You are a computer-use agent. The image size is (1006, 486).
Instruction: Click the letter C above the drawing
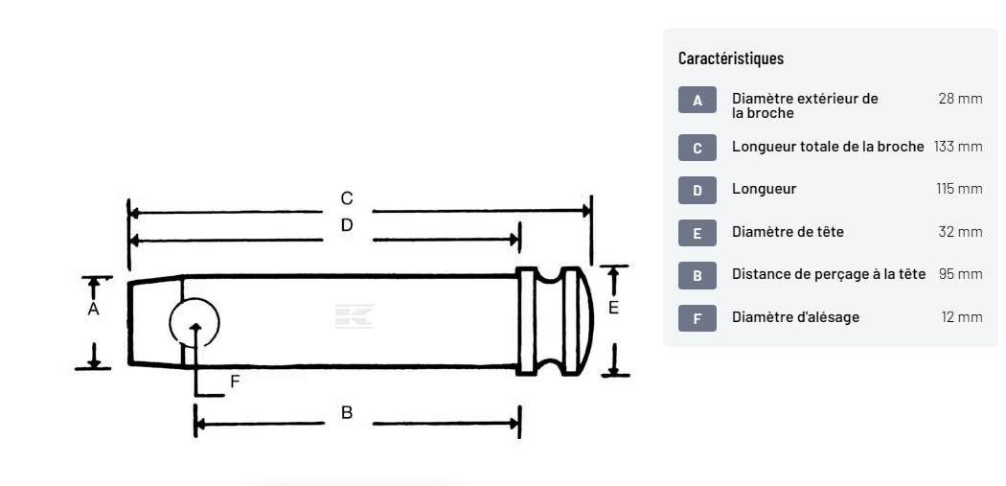tap(347, 198)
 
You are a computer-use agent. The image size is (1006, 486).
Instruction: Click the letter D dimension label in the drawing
tap(347, 225)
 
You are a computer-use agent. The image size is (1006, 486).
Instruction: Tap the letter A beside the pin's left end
tap(94, 310)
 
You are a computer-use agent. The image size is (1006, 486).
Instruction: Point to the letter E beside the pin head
tap(614, 308)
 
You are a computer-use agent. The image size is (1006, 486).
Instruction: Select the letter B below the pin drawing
tap(347, 412)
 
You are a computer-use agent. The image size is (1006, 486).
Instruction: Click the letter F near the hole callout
tap(236, 382)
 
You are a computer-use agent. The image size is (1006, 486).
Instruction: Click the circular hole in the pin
tap(194, 322)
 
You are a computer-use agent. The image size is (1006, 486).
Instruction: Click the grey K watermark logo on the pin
tap(354, 317)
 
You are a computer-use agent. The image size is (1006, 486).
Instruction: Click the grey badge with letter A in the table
tap(697, 101)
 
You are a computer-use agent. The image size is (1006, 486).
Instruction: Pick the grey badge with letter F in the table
tap(697, 317)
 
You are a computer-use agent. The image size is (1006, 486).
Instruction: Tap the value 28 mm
tap(961, 99)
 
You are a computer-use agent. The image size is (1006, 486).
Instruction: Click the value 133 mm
tap(958, 147)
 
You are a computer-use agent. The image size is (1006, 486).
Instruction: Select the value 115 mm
tap(959, 189)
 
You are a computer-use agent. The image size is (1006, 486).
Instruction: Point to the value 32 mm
tap(960, 231)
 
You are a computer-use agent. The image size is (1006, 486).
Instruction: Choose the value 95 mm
tap(960, 274)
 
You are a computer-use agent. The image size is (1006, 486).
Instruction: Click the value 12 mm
tap(961, 316)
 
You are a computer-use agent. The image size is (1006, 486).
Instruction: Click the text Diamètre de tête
tap(788, 231)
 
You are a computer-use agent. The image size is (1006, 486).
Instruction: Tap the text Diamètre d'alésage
tap(795, 316)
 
